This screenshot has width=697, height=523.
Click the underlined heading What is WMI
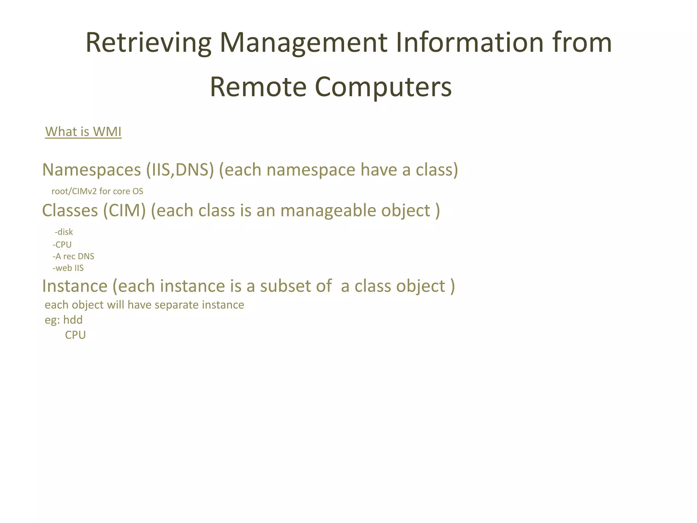(83, 132)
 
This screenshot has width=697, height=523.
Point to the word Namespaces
(92, 170)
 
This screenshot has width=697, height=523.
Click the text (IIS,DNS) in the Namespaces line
(180, 170)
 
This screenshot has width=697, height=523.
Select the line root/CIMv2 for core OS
(97, 191)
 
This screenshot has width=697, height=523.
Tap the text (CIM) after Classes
(125, 211)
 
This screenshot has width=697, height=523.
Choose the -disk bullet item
(64, 232)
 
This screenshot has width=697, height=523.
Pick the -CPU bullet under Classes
(62, 245)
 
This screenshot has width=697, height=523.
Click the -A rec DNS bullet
(74, 256)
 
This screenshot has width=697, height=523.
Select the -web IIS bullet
(68, 268)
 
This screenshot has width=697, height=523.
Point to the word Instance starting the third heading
(75, 286)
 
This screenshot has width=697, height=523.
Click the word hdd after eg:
(73, 320)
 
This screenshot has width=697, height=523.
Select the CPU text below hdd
(75, 335)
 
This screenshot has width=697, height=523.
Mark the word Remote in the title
(258, 87)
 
